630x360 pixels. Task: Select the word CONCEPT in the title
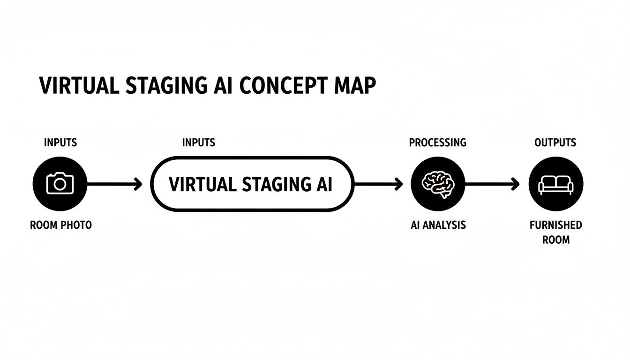pos(281,86)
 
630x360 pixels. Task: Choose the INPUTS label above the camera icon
pos(60,142)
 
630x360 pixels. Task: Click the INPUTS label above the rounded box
pos(199,142)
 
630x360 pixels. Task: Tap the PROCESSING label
pos(437,142)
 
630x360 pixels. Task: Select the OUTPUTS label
pos(555,142)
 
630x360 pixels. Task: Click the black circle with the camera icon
pos(60,183)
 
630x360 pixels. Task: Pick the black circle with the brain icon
pos(437,183)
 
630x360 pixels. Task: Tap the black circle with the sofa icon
pos(556,183)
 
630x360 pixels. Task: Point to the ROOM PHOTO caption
pos(61,225)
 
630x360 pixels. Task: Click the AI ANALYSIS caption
pos(438,225)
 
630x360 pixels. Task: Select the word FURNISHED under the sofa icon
pos(556,225)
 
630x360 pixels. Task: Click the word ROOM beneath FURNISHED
pos(556,240)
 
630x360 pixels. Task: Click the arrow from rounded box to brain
pos(378,184)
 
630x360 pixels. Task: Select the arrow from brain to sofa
pos(492,184)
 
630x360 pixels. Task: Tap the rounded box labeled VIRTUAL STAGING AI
pos(252,184)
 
